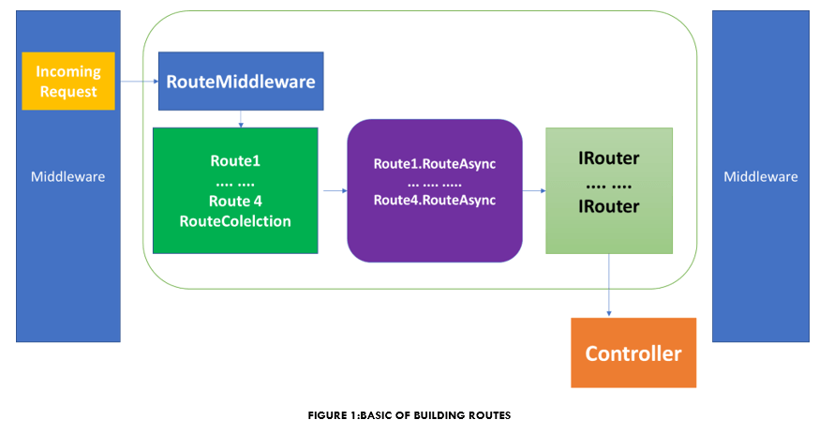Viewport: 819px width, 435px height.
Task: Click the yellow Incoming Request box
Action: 67,82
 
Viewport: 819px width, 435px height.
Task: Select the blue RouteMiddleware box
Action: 241,81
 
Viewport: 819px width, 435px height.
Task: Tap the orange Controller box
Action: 633,353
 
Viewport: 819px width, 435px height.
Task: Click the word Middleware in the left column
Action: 67,176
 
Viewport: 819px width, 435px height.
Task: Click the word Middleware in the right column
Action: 760,176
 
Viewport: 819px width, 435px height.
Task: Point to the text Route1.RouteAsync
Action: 434,164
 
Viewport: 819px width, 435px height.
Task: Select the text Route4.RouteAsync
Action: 434,200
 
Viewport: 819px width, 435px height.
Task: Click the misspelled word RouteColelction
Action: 235,221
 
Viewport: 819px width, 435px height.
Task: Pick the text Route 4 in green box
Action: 235,201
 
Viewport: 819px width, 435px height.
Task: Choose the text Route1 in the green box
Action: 235,160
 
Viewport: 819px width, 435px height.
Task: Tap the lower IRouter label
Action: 609,205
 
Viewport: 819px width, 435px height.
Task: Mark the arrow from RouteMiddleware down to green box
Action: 241,119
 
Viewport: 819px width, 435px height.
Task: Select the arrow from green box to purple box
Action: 332,190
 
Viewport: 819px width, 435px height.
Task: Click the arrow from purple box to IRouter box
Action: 534,190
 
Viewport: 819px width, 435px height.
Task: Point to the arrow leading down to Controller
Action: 609,285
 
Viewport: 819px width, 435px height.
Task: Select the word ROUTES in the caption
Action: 491,415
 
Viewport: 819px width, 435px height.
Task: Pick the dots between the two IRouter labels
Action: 609,183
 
